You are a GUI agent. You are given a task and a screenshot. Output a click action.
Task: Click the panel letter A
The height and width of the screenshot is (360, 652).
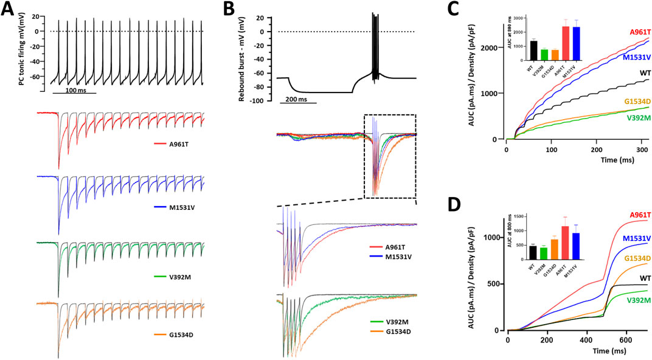pyautogui.click(x=10, y=11)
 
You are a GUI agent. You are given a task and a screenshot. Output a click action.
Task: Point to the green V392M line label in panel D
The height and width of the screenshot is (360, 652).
pyautogui.click(x=629, y=300)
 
